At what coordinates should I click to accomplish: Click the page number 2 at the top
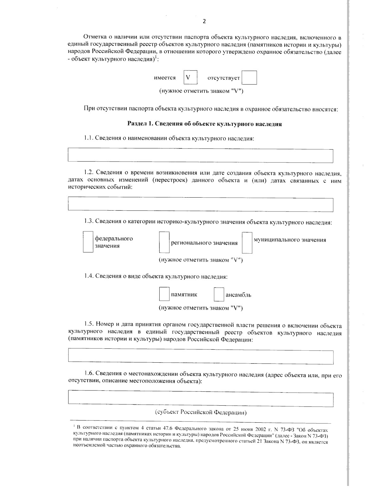(204, 21)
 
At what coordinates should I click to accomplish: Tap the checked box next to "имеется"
(190, 77)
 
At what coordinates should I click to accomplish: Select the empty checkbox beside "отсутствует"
(249, 78)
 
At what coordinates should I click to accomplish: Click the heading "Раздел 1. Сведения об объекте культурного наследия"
(204, 124)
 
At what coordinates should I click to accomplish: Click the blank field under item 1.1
(200, 156)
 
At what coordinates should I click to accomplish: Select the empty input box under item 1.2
(200, 205)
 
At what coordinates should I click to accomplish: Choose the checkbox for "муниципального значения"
(247, 243)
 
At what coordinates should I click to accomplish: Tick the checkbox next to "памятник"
(164, 294)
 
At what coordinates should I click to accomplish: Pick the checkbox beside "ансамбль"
(219, 294)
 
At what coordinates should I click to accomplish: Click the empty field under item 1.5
(200, 357)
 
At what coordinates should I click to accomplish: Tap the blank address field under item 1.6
(200, 400)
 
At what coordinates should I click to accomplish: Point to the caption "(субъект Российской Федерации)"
(201, 412)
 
